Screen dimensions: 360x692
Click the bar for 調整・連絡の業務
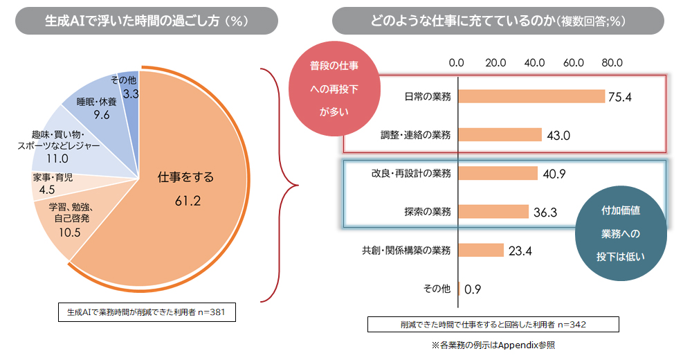(500, 135)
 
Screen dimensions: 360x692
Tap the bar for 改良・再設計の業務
(498, 173)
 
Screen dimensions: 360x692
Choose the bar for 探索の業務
(493, 211)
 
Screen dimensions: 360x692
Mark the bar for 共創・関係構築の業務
(481, 250)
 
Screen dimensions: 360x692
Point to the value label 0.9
(473, 289)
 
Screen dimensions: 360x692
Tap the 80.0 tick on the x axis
(612, 62)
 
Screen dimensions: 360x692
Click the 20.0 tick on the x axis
(495, 62)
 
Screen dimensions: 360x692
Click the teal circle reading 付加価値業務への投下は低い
(621, 233)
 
